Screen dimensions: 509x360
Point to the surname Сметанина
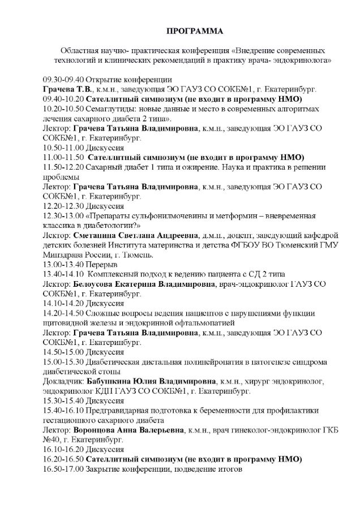[x=98, y=235]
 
